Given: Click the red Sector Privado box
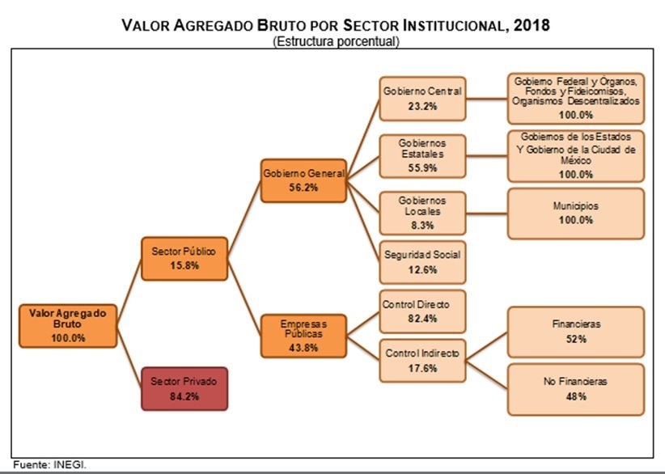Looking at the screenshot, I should coord(184,388).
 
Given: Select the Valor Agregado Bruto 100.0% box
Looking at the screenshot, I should coord(68,325).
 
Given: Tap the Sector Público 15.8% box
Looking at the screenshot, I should coord(184,257).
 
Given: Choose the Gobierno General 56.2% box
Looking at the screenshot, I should coord(303,180).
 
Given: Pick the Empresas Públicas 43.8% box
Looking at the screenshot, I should coord(302,335).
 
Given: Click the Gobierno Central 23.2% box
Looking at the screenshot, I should coord(422,99).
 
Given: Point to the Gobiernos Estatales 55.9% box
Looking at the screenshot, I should coord(422,156).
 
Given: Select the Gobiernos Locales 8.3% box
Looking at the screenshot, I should coord(422,213).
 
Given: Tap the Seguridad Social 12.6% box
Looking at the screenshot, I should coord(422,262).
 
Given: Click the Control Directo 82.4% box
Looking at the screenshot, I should coord(422,311).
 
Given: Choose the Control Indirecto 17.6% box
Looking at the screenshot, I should coord(422,360).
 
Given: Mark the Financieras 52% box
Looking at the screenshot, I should coord(576,330).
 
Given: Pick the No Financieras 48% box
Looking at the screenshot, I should coord(576,388).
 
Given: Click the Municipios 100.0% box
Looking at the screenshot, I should coord(576,213).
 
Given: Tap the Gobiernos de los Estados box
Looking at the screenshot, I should coord(576,154).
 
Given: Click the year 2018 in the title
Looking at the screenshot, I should coord(531,25).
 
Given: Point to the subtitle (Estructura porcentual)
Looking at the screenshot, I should coord(336,41).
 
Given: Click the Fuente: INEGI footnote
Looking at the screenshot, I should coord(49,465).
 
